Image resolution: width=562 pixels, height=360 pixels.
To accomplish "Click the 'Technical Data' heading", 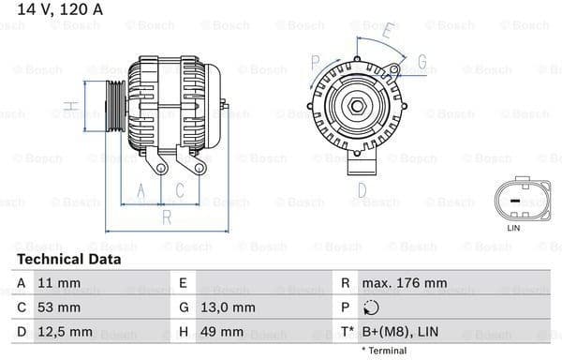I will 68,259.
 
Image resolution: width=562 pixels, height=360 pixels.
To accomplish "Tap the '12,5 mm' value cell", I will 66,332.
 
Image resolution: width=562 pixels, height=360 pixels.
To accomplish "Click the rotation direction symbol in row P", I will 373,307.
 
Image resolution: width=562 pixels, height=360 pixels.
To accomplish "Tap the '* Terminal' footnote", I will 384,351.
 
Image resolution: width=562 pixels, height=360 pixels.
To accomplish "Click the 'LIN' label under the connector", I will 512,228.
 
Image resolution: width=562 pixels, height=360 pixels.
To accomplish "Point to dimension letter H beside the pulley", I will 68,105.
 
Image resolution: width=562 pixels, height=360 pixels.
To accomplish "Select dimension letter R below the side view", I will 166,217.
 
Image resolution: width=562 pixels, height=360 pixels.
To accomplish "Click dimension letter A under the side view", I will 141,192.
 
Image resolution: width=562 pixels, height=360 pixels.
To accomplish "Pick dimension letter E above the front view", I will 389,31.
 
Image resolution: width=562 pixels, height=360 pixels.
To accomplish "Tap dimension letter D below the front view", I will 361,190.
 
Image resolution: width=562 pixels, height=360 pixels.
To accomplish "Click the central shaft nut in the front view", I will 358,106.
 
